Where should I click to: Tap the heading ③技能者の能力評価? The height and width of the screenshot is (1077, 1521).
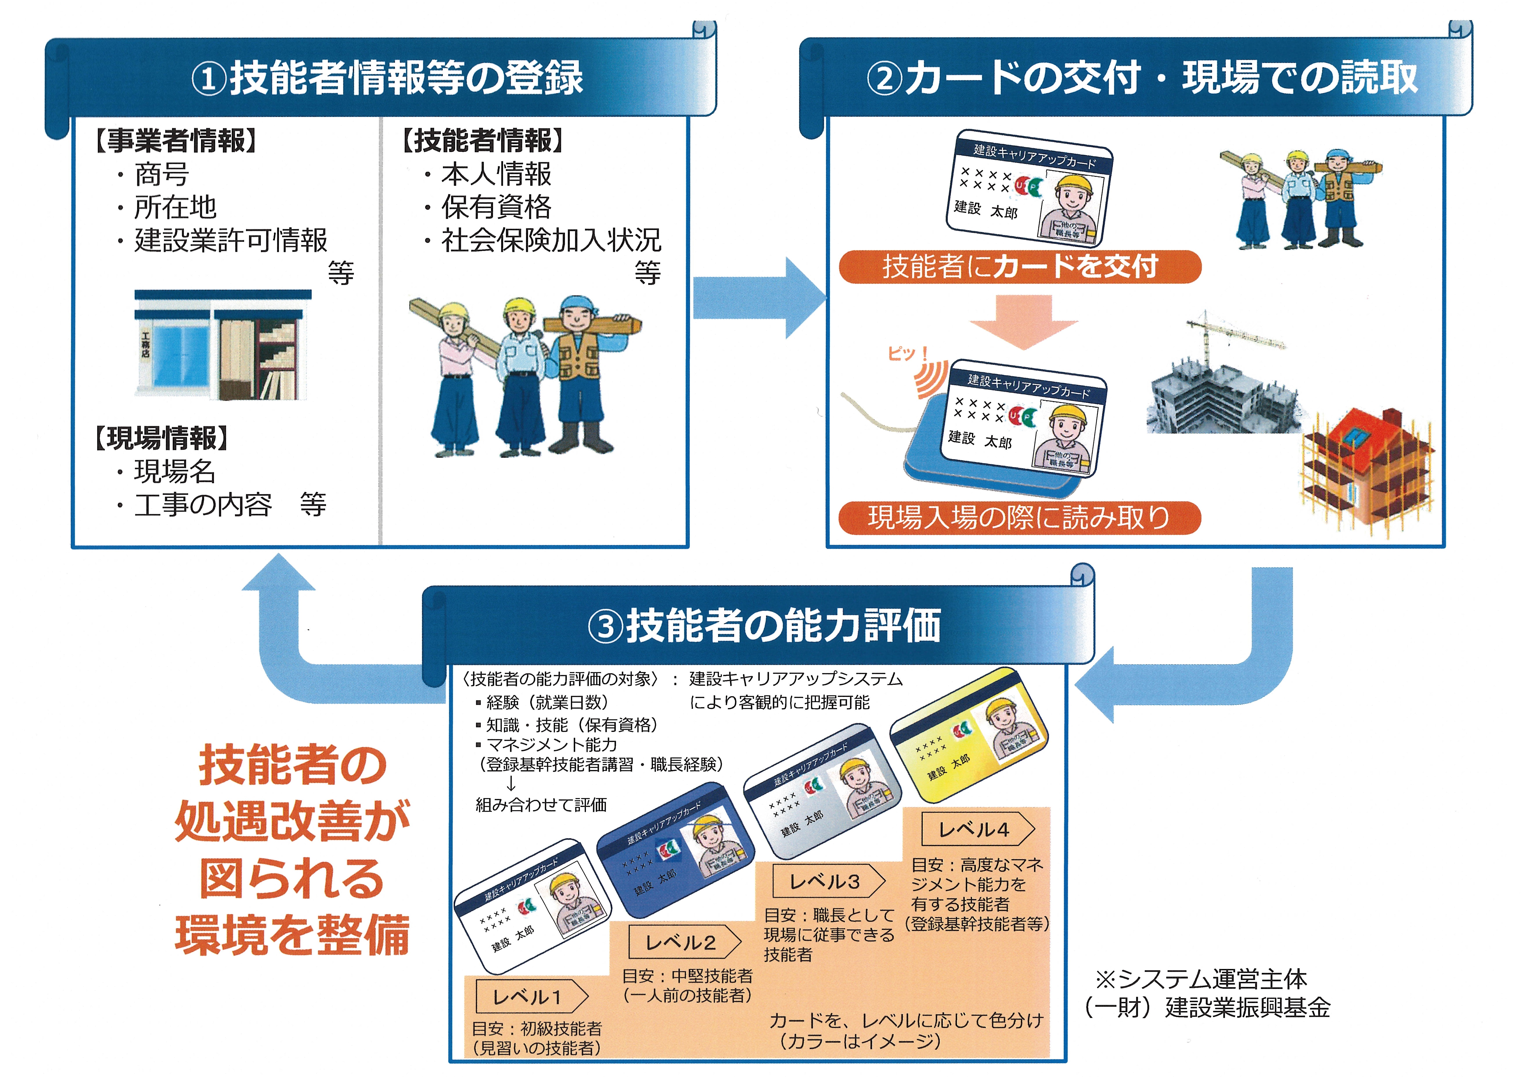pyautogui.click(x=764, y=625)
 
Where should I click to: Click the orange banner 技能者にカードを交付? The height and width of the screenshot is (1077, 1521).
pyautogui.click(x=1020, y=267)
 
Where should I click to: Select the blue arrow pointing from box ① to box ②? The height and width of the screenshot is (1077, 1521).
pyautogui.click(x=759, y=298)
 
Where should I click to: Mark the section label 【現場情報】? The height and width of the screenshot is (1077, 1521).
pyautogui.click(x=162, y=438)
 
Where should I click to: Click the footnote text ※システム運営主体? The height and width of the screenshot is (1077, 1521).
pyautogui.click(x=1200, y=979)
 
